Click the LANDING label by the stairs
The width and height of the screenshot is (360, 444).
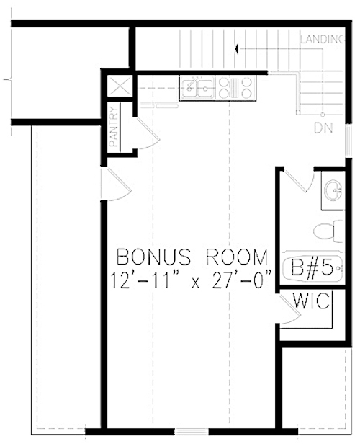(x=321, y=39)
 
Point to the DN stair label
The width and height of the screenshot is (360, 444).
(x=323, y=128)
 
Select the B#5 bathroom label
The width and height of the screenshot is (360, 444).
(x=312, y=270)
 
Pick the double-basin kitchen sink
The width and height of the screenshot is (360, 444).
(x=197, y=88)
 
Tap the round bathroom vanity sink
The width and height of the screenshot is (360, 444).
(x=333, y=192)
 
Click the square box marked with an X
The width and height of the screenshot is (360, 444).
(x=119, y=86)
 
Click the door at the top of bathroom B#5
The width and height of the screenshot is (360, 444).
(x=297, y=179)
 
